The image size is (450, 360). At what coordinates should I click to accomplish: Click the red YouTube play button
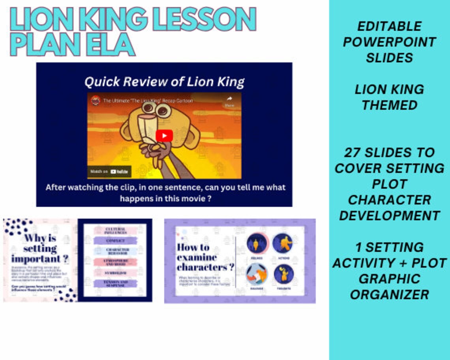click(x=164, y=135)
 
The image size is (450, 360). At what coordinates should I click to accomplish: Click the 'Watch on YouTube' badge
click(x=109, y=172)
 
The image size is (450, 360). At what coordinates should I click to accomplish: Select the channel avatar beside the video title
click(x=96, y=101)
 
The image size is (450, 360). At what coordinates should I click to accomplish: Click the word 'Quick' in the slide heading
click(x=101, y=82)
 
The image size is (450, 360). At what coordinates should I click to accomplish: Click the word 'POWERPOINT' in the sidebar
click(x=389, y=42)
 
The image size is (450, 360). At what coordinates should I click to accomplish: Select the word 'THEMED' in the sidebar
click(x=389, y=105)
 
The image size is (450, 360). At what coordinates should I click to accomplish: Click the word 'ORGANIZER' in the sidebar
click(x=389, y=294)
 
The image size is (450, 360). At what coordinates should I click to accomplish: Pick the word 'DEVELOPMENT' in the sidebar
click(x=389, y=216)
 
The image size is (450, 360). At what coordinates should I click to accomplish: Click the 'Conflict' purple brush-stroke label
click(x=115, y=240)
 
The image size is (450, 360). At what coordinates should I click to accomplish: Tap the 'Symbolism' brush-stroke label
click(x=115, y=273)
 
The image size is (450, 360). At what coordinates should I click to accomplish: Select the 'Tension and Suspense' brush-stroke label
click(x=115, y=283)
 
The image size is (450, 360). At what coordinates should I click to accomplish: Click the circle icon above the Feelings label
click(x=257, y=243)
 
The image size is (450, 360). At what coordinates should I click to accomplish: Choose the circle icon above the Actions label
click(x=283, y=243)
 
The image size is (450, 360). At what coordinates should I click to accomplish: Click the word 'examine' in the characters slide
click(x=197, y=257)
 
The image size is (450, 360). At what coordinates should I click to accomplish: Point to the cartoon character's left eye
click(x=148, y=108)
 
